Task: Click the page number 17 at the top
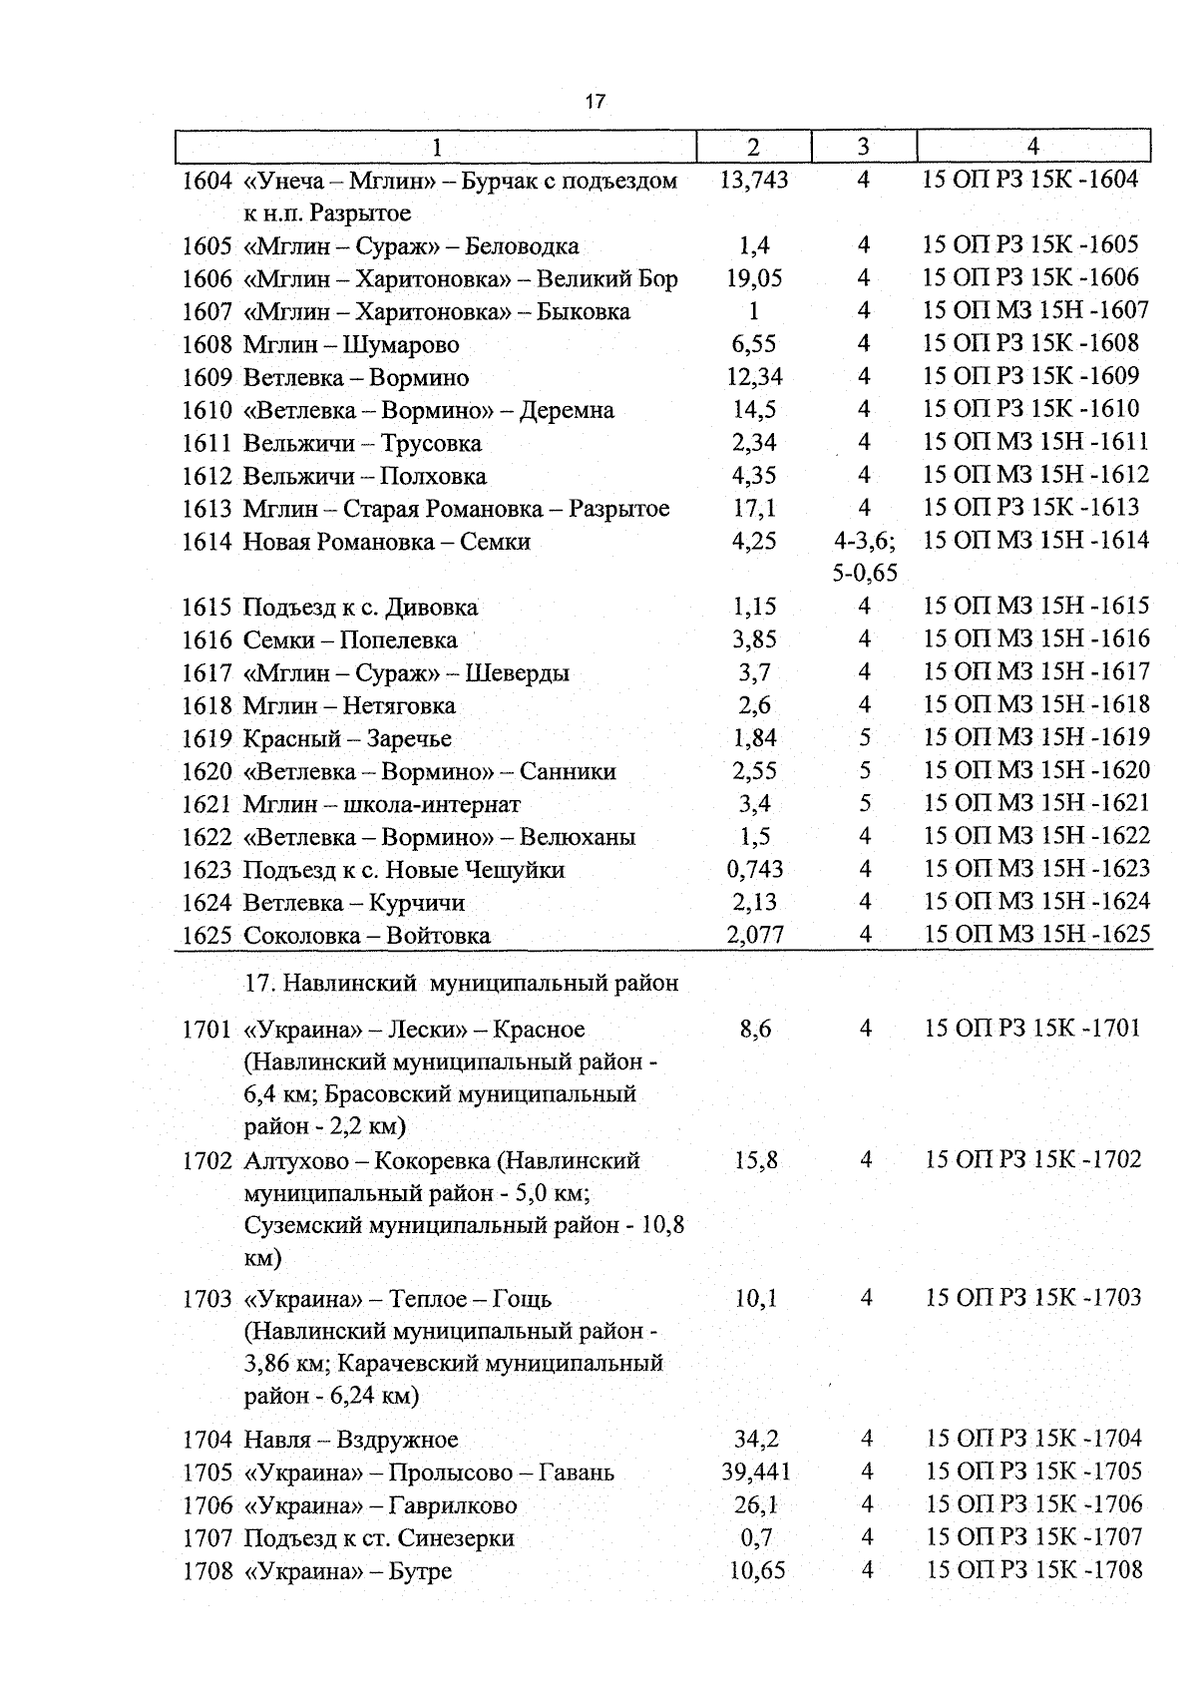pos(596,102)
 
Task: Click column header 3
pos(863,147)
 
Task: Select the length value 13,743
pos(753,180)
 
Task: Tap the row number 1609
pos(207,378)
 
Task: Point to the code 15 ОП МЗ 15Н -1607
pos(1035,310)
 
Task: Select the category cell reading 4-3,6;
pos(864,541)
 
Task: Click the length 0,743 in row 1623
pos(755,870)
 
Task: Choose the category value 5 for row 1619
pos(865,738)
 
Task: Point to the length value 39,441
pos(754,1473)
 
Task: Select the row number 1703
pos(207,1299)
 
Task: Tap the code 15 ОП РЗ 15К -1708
pos(1033,1570)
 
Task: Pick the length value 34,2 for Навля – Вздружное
pos(755,1440)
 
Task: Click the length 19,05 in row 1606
pos(754,278)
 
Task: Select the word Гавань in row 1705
pos(576,1473)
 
